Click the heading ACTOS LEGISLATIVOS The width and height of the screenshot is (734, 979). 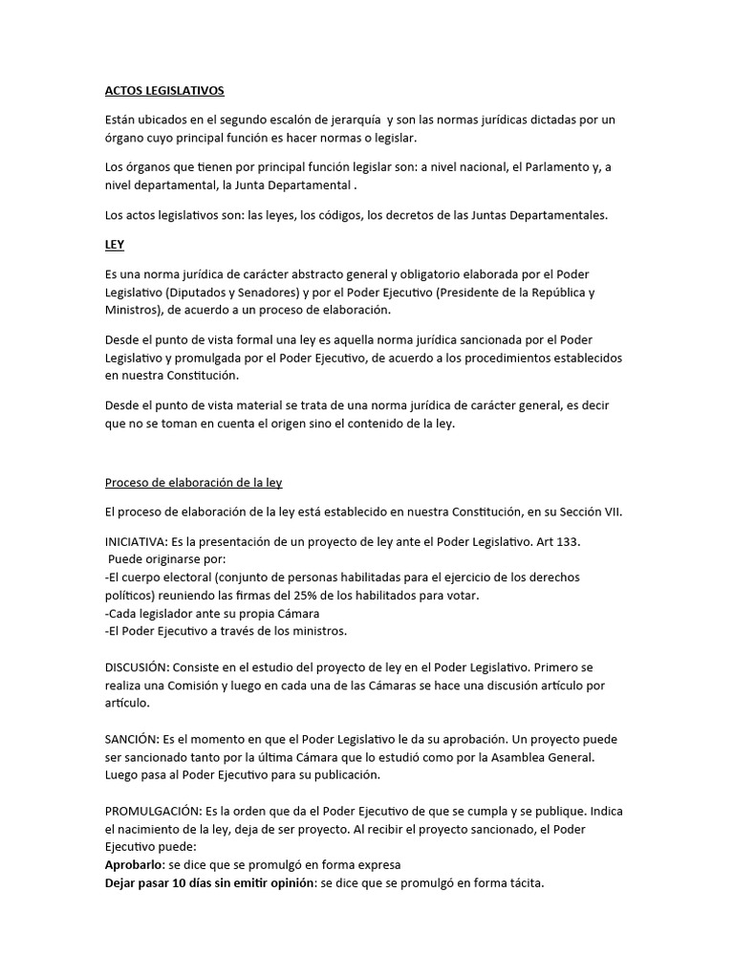pyautogui.click(x=164, y=91)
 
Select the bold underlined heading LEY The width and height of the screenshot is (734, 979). pyautogui.click(x=115, y=245)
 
